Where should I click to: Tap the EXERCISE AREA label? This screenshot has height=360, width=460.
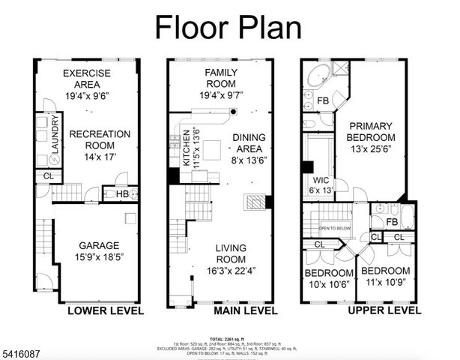87,79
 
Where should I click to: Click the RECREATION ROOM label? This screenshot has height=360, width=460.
100,139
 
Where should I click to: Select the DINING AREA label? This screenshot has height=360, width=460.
247,143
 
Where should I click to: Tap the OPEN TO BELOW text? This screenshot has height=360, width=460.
335,227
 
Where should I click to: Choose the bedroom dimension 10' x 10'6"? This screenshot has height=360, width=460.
328,284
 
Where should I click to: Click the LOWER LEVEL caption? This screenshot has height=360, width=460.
100,310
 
